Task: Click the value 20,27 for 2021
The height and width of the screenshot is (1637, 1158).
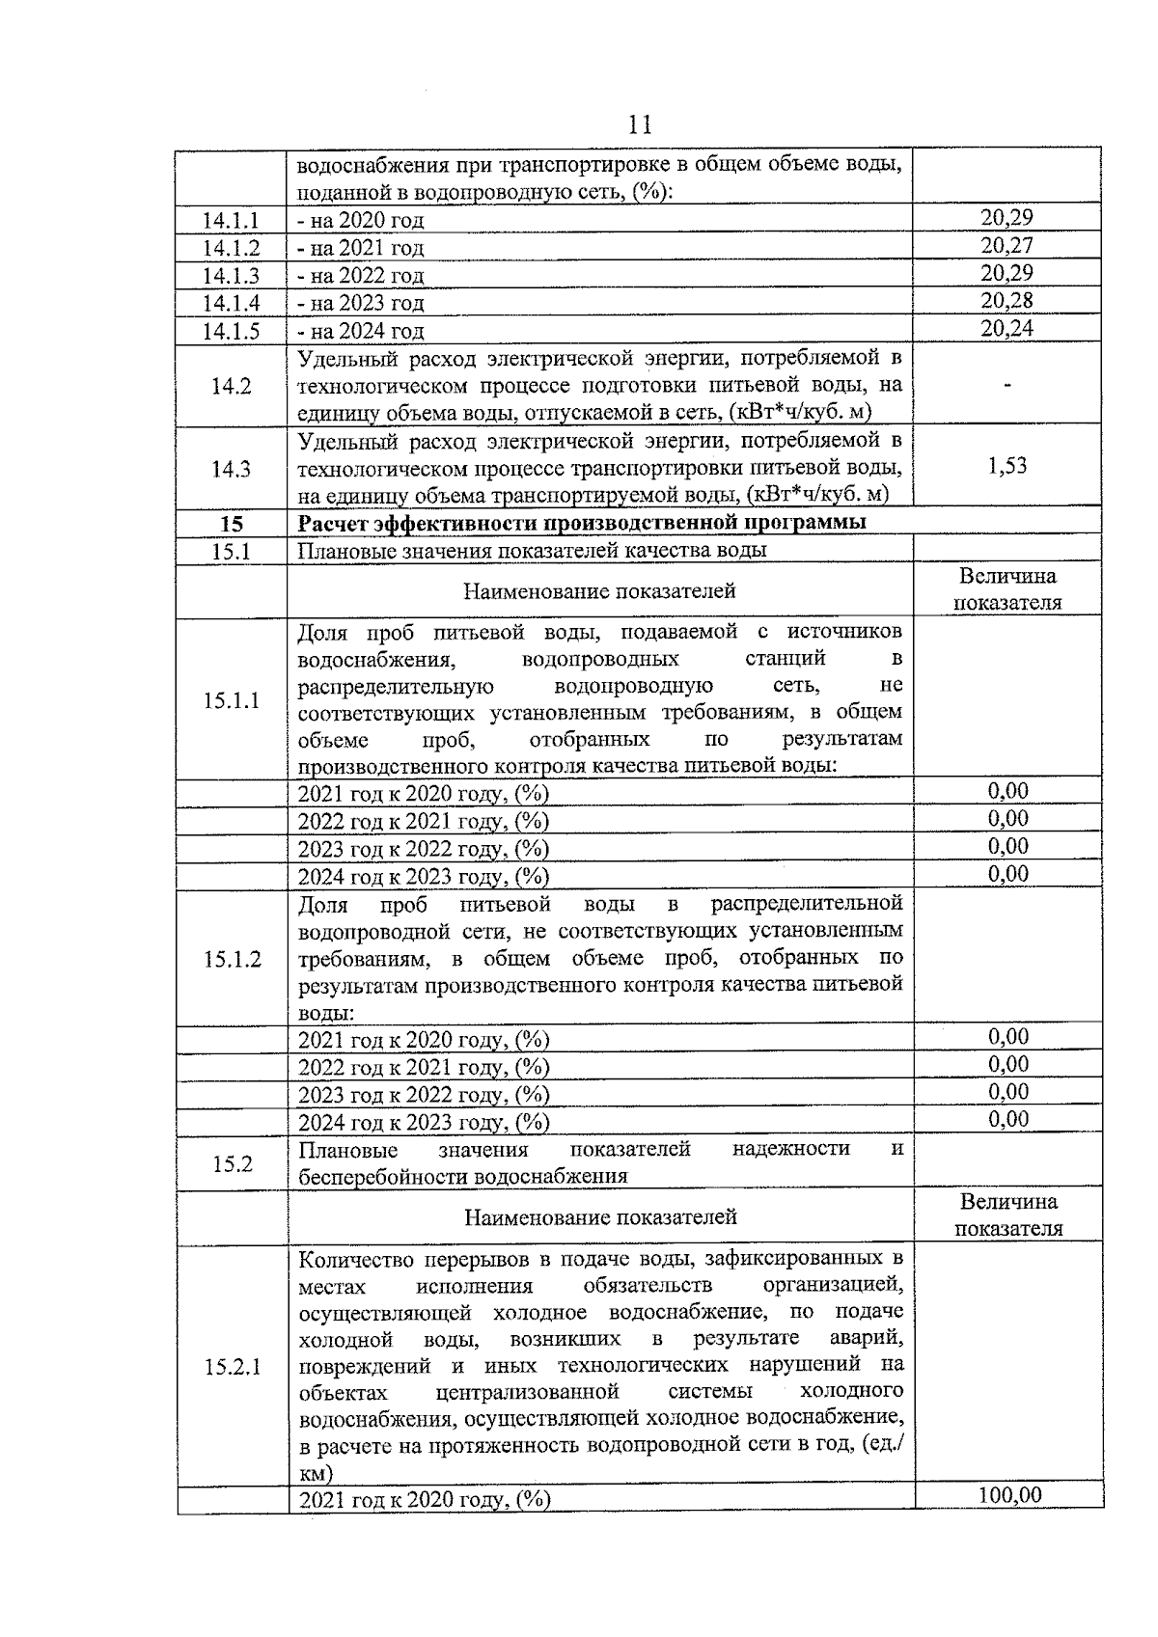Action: (1006, 246)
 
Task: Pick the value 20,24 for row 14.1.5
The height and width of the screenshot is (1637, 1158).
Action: (1006, 329)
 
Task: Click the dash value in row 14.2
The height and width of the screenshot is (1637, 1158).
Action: (1006, 386)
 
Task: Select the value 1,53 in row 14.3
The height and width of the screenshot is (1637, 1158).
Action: (1006, 467)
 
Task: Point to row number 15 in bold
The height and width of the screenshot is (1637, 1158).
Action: (231, 524)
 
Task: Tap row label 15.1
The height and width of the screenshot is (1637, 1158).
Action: (231, 551)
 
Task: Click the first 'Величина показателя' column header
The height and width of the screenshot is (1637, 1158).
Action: (1007, 589)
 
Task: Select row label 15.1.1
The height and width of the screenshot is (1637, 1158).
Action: (231, 700)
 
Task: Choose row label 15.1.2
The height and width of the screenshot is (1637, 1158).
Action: (232, 959)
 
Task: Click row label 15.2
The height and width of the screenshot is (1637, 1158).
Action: (232, 1164)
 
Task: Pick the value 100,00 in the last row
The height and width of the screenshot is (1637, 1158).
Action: (1009, 1496)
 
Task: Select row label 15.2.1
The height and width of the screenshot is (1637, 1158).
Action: (232, 1368)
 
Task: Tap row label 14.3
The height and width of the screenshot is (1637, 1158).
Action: (231, 470)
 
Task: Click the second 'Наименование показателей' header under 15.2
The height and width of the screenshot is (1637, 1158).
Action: (600, 1217)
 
